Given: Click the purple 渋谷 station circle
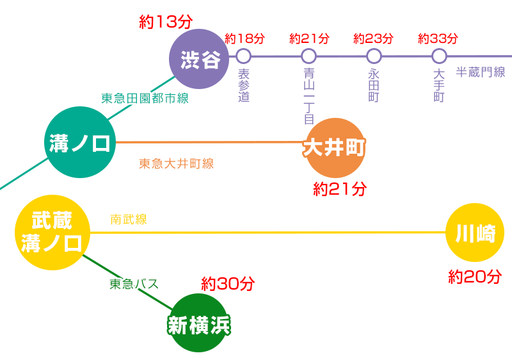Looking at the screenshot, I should click(x=199, y=59).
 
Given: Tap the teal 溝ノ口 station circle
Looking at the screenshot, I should click(x=80, y=142).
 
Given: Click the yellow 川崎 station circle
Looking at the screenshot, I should click(x=475, y=233).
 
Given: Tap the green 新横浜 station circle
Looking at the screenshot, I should click(x=198, y=323).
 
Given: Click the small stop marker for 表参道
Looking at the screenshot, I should click(x=243, y=56).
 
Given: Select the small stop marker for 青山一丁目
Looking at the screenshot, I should click(x=308, y=56).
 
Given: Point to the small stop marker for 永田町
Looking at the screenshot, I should click(x=374, y=56).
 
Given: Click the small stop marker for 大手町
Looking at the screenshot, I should click(x=439, y=56).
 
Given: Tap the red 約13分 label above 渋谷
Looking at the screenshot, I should click(x=166, y=22).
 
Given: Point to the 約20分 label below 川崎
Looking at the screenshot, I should click(x=475, y=277).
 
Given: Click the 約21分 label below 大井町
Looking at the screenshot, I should click(x=340, y=189).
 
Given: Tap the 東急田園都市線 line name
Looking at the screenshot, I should click(x=145, y=99).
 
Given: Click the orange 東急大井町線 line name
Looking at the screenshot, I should click(x=177, y=163).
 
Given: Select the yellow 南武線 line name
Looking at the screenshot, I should click(x=129, y=220).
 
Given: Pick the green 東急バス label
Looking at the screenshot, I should click(x=134, y=284).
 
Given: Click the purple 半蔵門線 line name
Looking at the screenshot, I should click(x=480, y=72).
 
